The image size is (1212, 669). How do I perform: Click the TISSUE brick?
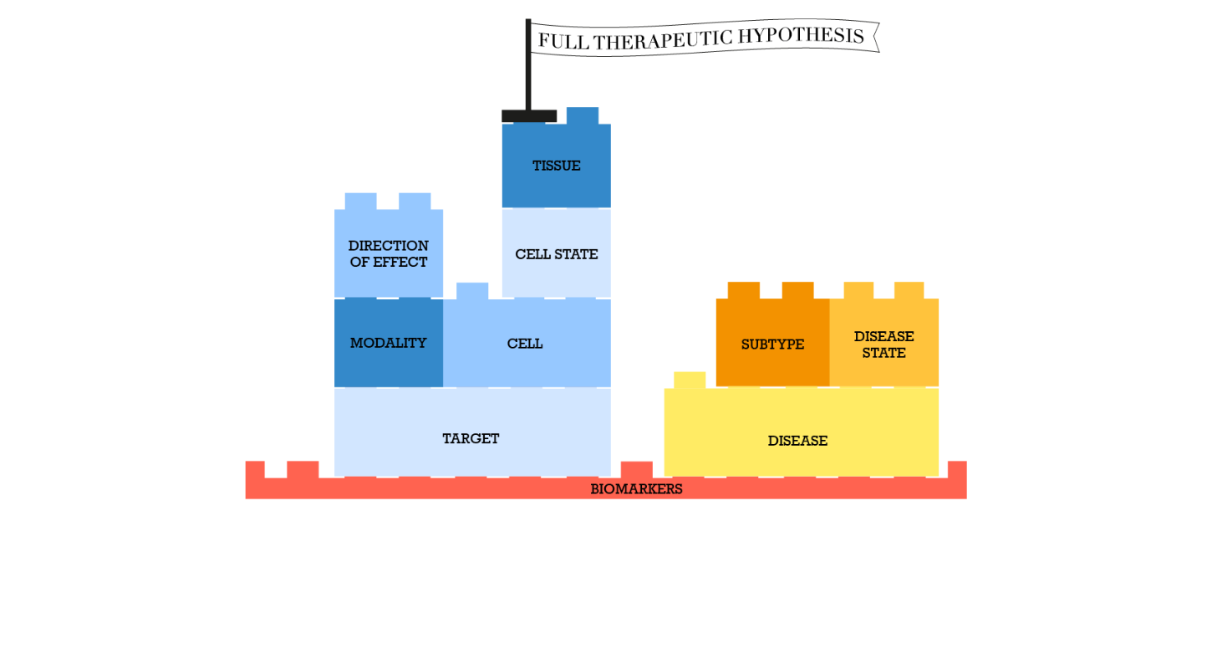556,166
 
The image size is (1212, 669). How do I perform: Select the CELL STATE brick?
556,254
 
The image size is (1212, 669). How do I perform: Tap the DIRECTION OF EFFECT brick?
388,253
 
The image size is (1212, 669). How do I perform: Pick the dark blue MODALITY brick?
388,343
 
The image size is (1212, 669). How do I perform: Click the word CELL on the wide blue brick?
525,344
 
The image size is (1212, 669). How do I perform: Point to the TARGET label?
471,438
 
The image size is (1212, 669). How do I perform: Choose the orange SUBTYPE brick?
772,344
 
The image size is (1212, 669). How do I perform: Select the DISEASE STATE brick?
884,344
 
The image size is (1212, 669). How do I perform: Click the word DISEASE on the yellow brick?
797,441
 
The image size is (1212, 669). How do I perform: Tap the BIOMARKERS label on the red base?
636,489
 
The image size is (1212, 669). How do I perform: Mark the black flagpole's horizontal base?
529,115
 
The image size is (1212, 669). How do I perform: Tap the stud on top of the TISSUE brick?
583,115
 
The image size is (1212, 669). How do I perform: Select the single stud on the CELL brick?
472,291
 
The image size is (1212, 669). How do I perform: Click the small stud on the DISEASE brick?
690,380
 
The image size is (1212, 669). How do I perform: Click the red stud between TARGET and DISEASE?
637,469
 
